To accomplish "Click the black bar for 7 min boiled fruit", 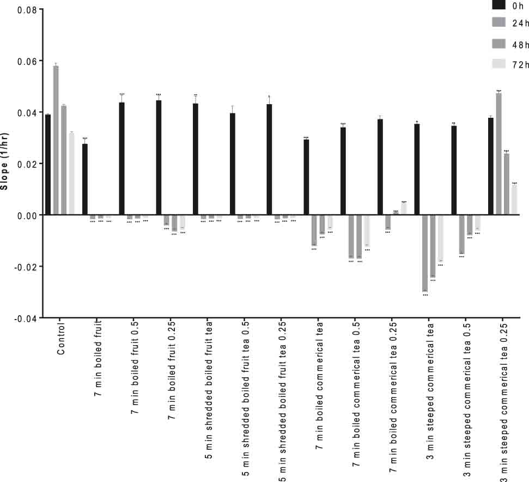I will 85,179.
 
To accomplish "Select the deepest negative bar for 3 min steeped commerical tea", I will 425,254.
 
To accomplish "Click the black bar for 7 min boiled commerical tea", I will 306,177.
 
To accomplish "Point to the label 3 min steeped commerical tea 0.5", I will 467,398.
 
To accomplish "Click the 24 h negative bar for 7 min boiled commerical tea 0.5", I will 351,236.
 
